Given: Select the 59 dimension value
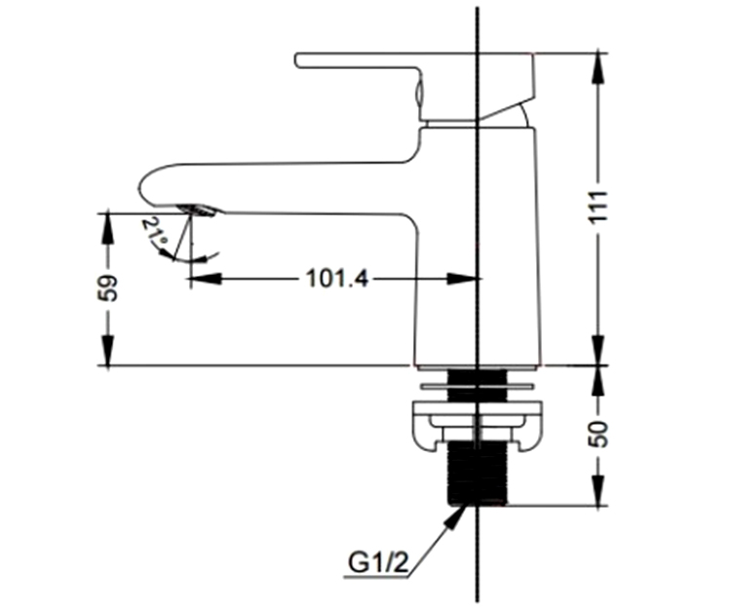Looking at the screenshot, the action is (108, 288).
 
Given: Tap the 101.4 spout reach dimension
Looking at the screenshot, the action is (336, 279).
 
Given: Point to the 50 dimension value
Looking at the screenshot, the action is (600, 434).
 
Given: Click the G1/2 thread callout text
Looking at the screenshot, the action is (378, 563).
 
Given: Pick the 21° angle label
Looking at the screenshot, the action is (155, 232).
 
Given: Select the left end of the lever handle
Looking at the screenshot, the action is (296, 60).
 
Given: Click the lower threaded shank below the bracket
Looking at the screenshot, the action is (477, 473).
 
